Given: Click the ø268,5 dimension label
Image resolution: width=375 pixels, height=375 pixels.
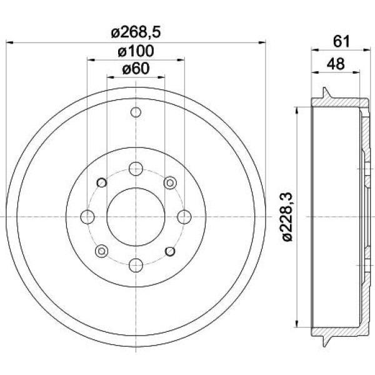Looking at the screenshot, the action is [136, 32].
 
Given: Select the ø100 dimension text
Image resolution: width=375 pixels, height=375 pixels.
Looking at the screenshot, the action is [136, 51].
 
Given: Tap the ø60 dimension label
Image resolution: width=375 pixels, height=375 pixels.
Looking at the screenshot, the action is [136, 69].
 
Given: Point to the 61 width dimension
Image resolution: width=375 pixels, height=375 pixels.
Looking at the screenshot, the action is [341, 41].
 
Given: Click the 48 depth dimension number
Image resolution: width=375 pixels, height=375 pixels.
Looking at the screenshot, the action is [336, 64].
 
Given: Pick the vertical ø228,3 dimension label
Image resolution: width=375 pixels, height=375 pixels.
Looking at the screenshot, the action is [287, 216].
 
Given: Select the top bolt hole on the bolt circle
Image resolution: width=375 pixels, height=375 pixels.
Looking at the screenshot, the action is [136, 169].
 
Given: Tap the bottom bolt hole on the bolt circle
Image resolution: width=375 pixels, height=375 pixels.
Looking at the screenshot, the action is [136, 265].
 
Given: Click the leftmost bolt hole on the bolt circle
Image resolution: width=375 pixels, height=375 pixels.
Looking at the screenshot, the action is [87, 217].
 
